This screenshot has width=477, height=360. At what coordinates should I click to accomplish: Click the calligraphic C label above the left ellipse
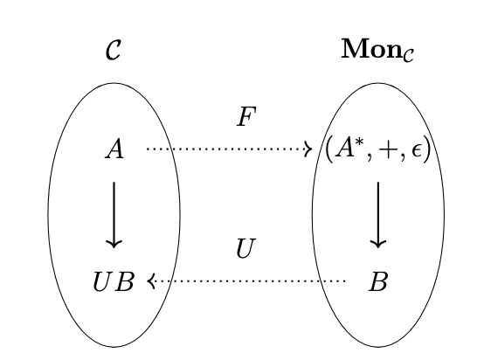[x=114, y=50]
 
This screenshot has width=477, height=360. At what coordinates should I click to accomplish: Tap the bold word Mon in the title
[x=371, y=49]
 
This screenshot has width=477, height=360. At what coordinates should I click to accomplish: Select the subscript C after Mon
[x=408, y=55]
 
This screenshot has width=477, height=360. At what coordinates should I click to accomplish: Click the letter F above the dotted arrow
[x=246, y=116]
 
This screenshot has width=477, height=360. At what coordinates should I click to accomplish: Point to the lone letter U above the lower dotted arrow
[x=245, y=248]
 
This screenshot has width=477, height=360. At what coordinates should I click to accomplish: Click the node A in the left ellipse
[x=114, y=149]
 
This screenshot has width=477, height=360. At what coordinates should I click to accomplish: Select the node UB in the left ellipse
[x=114, y=281]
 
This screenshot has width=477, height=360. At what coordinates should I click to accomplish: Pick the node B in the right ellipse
[x=378, y=281]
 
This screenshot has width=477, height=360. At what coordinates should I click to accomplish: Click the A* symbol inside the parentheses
[x=349, y=148]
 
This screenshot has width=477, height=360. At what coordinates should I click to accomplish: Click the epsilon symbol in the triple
[x=417, y=150]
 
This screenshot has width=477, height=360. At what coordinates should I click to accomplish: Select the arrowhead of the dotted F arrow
[x=308, y=149]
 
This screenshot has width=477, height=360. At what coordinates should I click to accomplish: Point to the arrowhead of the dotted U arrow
[x=151, y=281]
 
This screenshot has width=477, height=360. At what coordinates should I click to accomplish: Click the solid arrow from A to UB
[x=114, y=215]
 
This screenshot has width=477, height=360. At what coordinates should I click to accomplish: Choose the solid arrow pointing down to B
[x=378, y=215]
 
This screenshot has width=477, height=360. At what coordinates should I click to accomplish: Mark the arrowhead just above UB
[x=114, y=244]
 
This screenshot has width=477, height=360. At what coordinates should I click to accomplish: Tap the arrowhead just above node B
[x=378, y=244]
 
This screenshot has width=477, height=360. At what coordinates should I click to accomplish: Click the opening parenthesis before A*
[x=328, y=149]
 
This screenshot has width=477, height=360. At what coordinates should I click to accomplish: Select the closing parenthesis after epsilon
[x=427, y=149]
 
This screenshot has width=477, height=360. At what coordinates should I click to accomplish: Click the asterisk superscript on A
[x=359, y=142]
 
